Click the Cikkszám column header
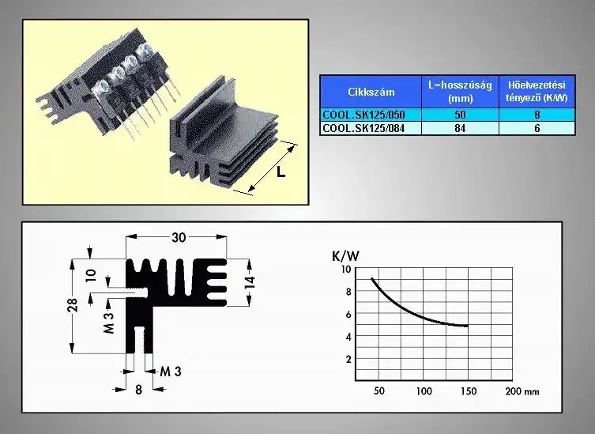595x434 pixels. (x=371, y=92)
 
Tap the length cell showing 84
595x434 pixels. (x=460, y=128)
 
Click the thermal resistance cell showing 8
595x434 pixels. (x=537, y=115)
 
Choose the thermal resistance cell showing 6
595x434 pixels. (x=537, y=128)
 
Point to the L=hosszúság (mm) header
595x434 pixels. (x=460, y=92)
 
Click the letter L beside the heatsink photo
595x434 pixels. (x=281, y=172)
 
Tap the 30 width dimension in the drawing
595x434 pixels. (x=179, y=238)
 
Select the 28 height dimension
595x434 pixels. (x=73, y=305)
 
